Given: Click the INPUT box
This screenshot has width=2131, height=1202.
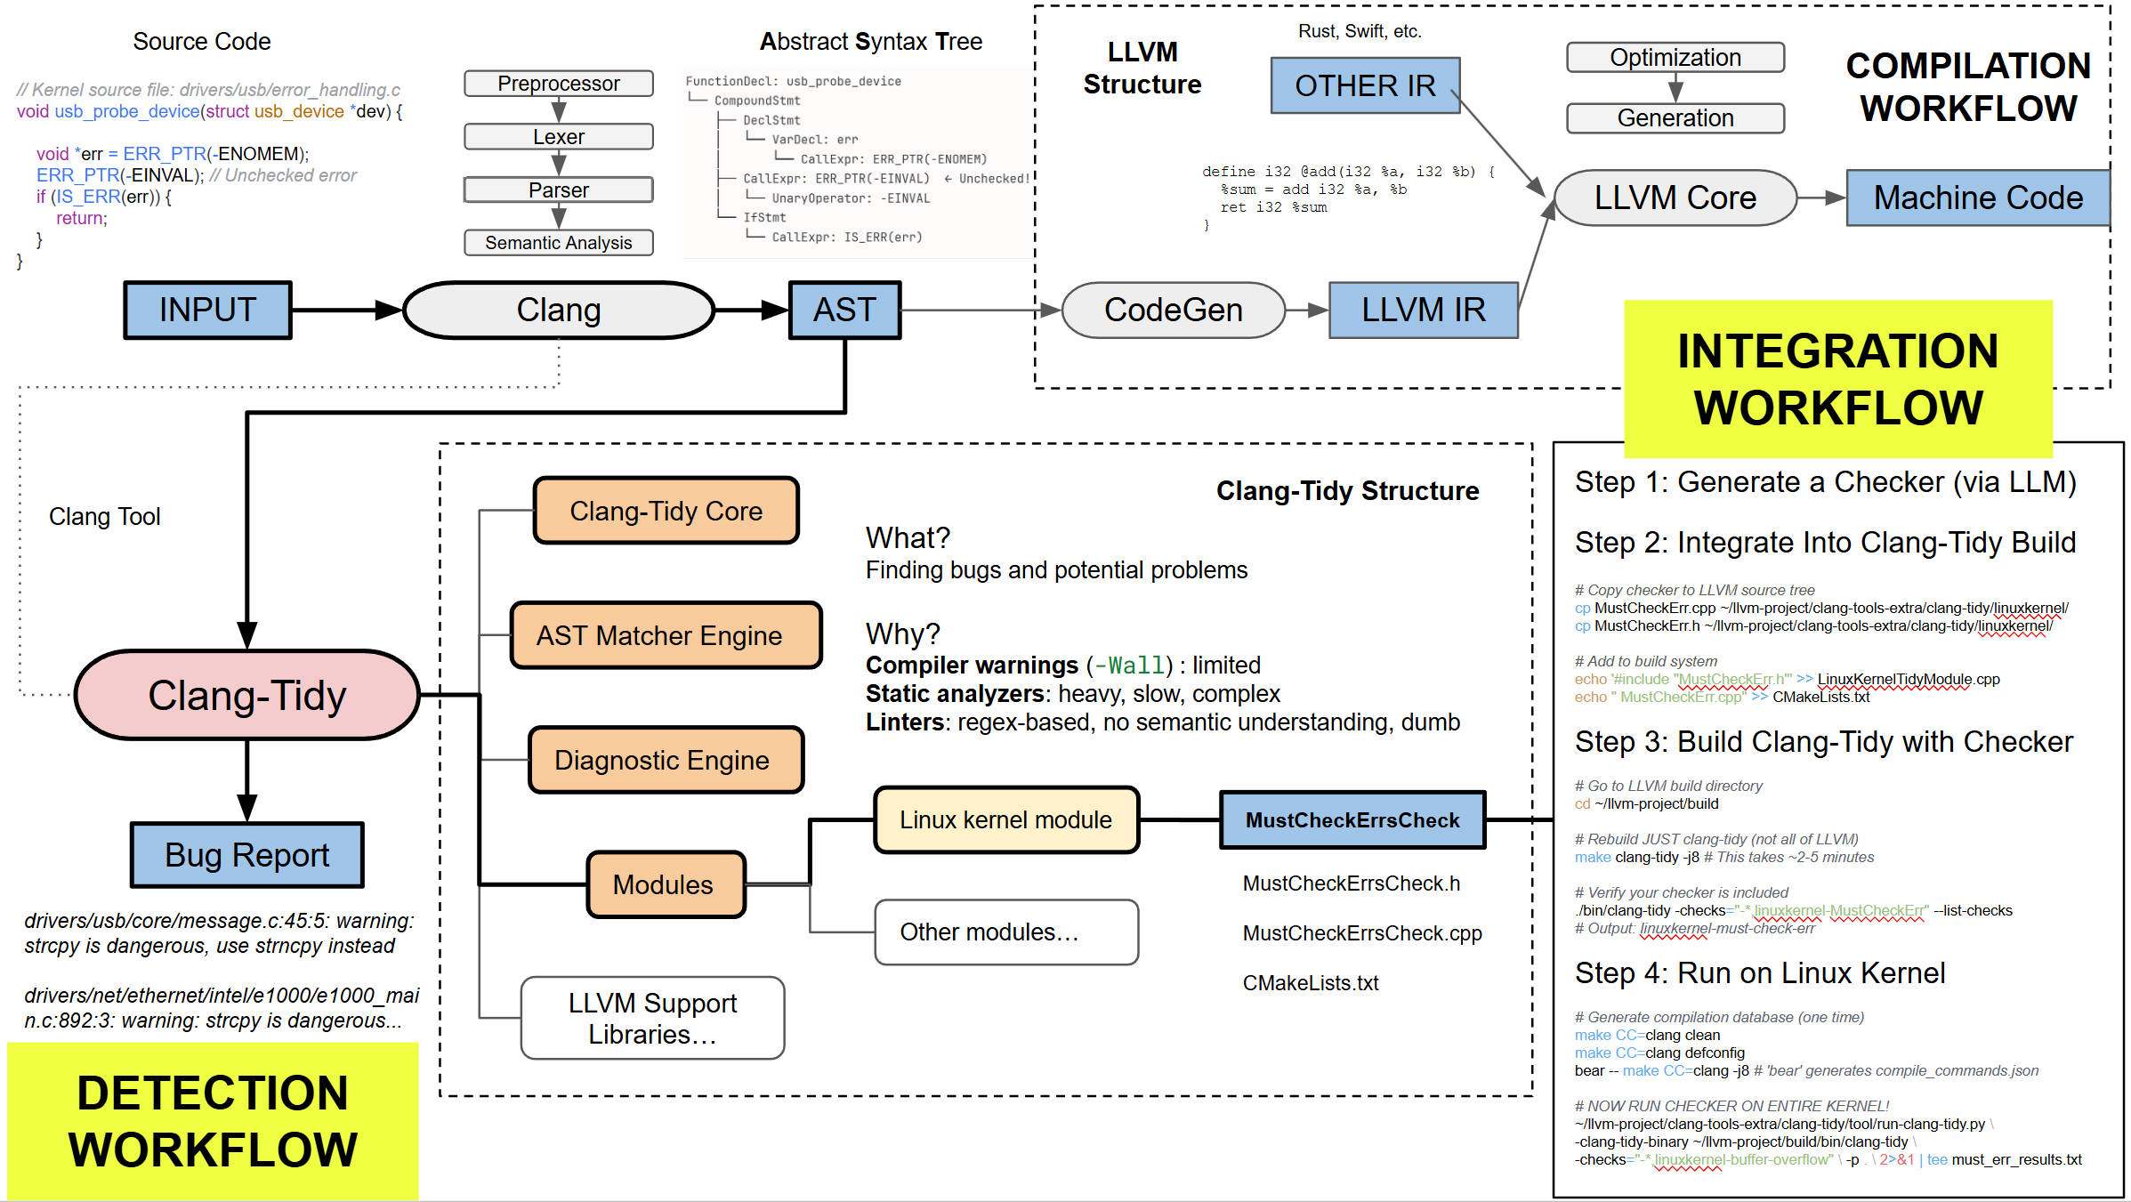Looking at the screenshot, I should [207, 311].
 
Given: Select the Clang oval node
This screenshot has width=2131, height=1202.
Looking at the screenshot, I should [559, 311].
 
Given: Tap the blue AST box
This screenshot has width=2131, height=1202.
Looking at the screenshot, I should [844, 311].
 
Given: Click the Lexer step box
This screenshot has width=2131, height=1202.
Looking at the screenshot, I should [559, 137].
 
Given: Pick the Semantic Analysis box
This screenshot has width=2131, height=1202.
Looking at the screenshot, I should [559, 243].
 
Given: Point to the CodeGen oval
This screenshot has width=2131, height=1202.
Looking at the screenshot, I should [1173, 311].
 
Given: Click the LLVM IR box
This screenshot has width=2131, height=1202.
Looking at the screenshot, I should [1423, 311].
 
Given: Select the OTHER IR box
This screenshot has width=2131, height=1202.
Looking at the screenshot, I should [1365, 86].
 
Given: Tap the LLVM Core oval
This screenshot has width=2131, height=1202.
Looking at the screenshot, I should [1675, 198].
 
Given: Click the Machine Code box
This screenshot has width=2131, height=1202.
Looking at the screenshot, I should [1977, 198].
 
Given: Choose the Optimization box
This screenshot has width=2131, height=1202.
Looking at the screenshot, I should [1675, 58].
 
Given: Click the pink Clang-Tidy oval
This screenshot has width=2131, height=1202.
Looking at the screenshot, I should [246, 696].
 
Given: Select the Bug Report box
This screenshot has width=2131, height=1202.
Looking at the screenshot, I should [246, 855].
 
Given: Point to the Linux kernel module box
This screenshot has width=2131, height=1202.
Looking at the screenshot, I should [1005, 820].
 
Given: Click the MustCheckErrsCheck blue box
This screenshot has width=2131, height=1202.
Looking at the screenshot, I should [1352, 820].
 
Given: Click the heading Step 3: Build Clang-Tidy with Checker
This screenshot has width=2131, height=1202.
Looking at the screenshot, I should [1823, 742].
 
